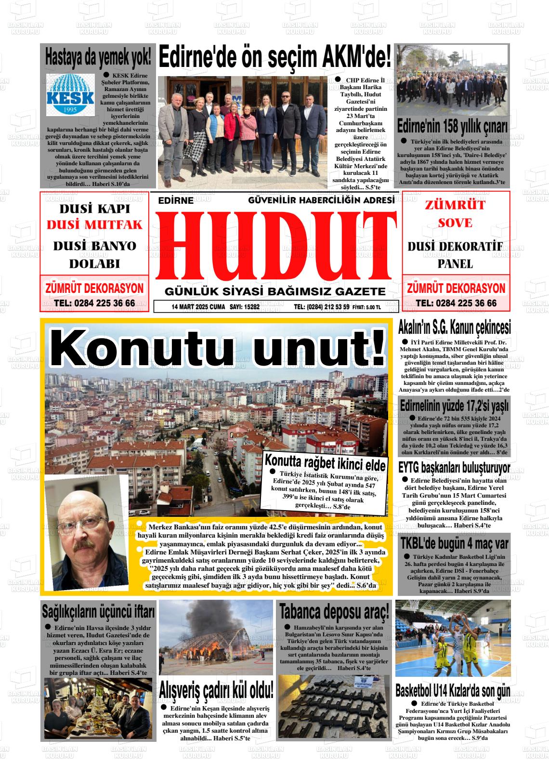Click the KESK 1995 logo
(70, 95)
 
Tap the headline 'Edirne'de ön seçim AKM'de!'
(274, 58)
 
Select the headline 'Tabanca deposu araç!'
(334, 611)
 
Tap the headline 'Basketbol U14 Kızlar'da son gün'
(453, 691)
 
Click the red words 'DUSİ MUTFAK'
(95, 224)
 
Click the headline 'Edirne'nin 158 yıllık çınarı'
(452, 127)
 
